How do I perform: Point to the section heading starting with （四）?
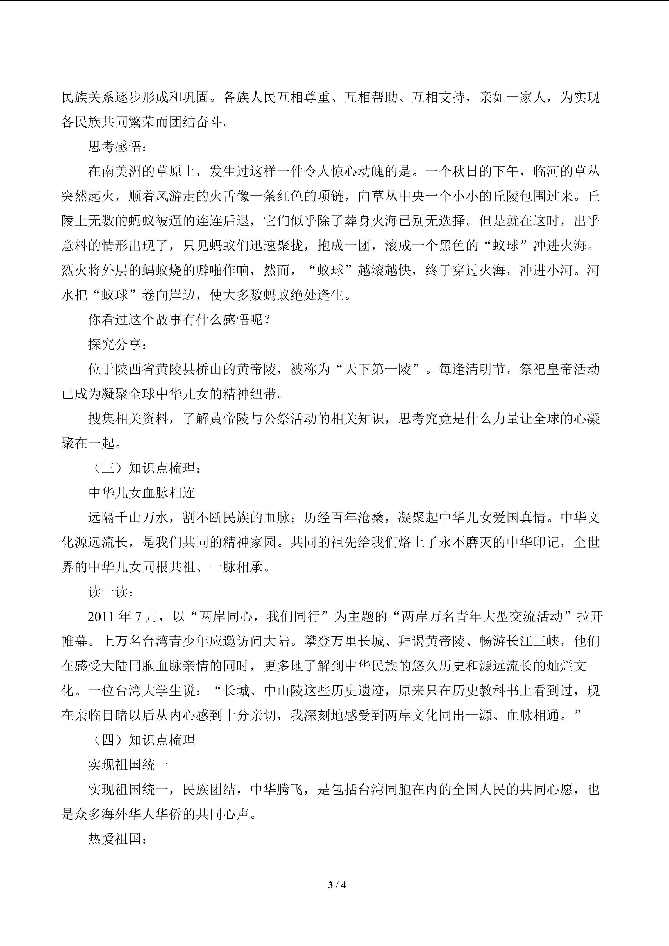pyautogui.click(x=142, y=740)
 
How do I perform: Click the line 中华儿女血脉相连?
pyautogui.click(x=142, y=493)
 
